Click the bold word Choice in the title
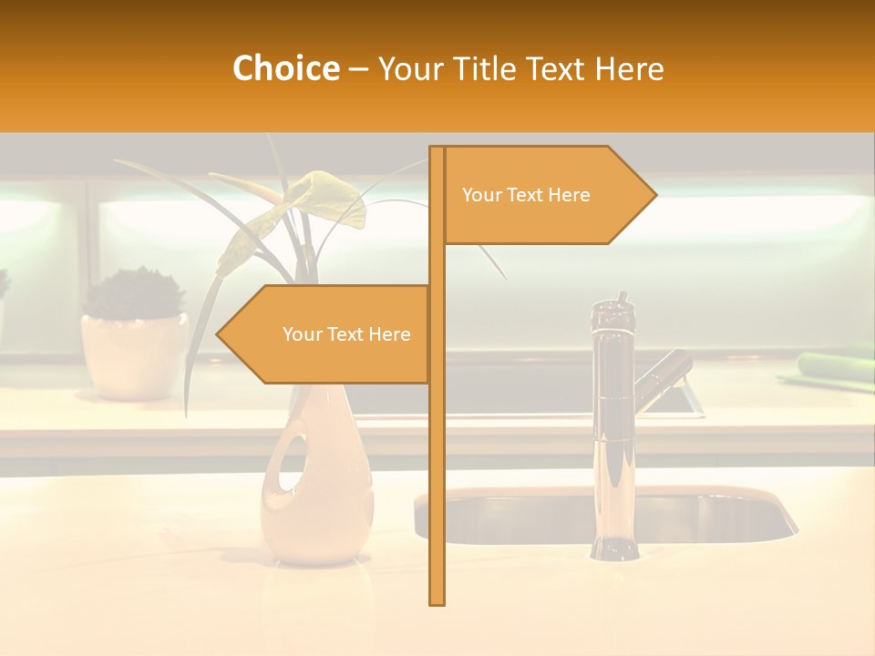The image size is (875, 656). [x=285, y=68]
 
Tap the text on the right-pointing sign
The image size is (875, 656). [x=526, y=195]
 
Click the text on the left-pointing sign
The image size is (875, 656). [x=346, y=334]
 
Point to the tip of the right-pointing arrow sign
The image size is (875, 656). [x=655, y=195]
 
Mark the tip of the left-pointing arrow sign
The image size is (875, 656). [x=218, y=334]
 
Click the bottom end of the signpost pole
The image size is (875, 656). [x=437, y=601]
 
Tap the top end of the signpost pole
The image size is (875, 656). [x=437, y=149]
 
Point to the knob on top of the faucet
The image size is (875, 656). [x=623, y=298]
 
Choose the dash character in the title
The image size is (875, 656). [x=358, y=69]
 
